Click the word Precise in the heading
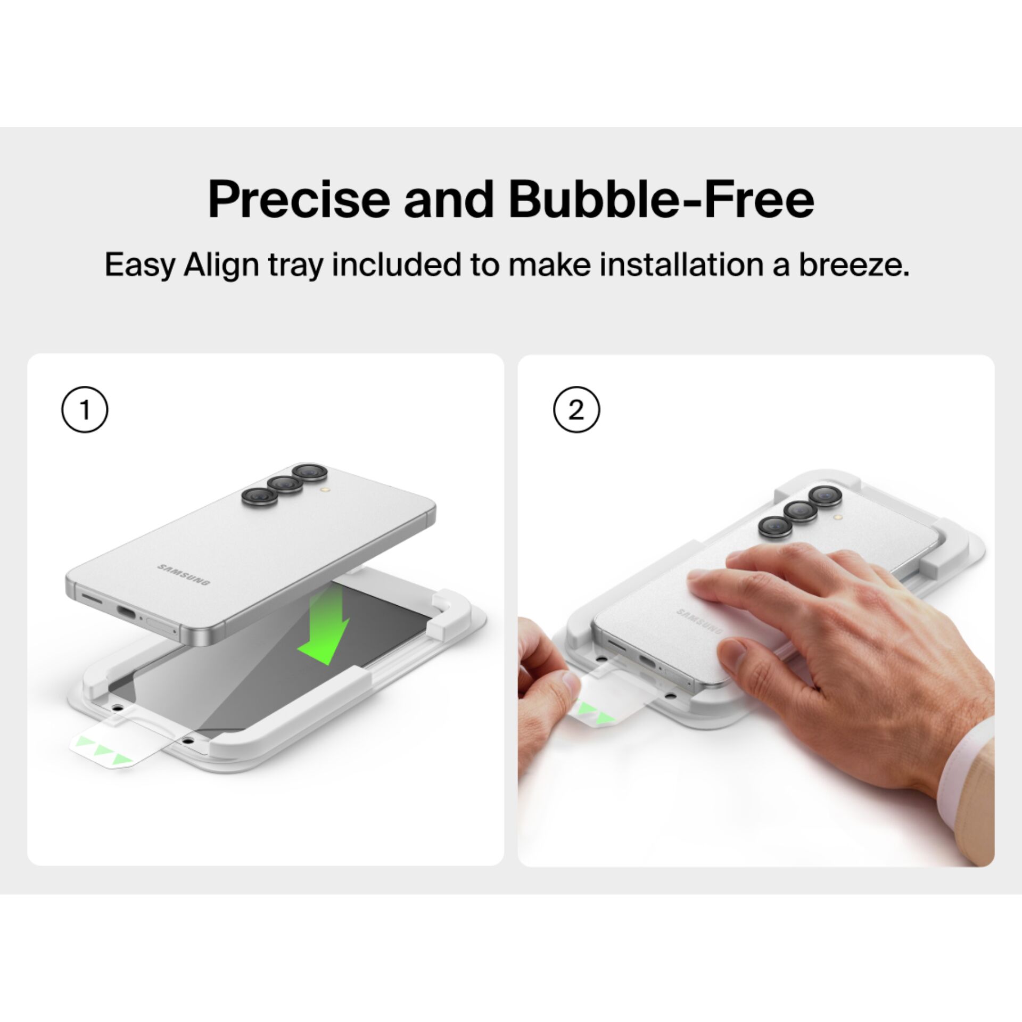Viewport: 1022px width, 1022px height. point(299,200)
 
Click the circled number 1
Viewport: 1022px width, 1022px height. point(85,410)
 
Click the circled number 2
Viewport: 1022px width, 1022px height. point(576,410)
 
